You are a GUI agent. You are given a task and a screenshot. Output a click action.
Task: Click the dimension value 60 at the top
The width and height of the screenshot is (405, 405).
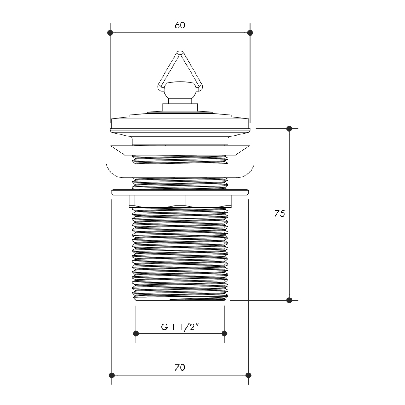(180, 25)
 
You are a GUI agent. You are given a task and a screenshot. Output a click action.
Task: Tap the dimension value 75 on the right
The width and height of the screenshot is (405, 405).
(279, 213)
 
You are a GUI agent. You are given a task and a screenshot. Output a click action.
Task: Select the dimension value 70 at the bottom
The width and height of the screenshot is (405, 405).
(180, 367)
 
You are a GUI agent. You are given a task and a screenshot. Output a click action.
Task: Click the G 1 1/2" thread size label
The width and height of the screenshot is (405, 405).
(181, 327)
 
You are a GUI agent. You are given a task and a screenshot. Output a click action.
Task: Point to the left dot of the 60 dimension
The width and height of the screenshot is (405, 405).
(110, 33)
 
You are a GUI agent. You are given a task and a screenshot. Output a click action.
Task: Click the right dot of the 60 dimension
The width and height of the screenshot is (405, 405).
(250, 33)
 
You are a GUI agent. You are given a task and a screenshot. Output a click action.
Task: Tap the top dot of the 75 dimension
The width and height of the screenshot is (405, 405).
(289, 128)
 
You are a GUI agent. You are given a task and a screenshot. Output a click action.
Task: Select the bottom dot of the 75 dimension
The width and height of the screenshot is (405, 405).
(289, 300)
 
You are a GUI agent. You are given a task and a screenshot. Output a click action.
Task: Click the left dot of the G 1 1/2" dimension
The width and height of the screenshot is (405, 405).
(136, 333)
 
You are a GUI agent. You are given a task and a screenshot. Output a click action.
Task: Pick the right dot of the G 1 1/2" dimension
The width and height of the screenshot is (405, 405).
(224, 333)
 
